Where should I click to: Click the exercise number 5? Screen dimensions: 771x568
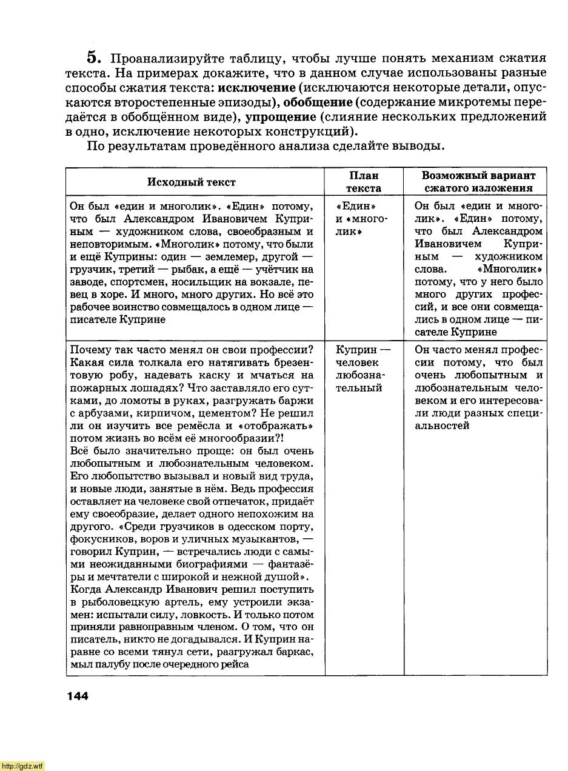coord(92,58)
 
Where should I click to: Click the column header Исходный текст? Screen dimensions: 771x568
coord(191,182)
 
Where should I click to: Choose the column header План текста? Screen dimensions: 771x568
coord(364,182)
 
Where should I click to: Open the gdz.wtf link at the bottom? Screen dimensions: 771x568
coord(22,766)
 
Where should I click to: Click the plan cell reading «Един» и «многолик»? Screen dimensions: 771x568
coord(361,219)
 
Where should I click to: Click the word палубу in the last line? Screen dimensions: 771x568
coord(110,664)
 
